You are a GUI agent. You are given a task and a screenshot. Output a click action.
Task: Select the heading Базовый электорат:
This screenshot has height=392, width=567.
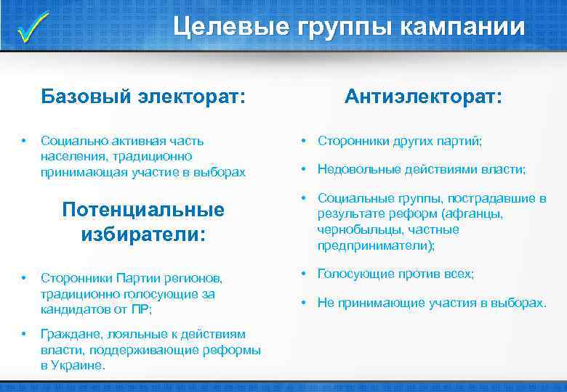(142, 97)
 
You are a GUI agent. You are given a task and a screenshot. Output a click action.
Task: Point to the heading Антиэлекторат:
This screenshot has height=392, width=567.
(423, 97)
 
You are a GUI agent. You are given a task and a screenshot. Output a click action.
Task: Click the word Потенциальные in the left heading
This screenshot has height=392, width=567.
(143, 210)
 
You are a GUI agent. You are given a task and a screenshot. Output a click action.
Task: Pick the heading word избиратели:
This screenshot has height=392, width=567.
(143, 234)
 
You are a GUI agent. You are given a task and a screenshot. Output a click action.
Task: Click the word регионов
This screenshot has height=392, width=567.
(196, 277)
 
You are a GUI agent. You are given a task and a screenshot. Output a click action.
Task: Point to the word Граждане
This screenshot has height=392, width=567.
(68, 334)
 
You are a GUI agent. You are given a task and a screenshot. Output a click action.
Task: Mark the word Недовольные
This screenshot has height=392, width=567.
(356, 169)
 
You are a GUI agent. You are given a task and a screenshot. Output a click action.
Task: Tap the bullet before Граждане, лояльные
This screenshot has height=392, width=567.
(24, 334)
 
